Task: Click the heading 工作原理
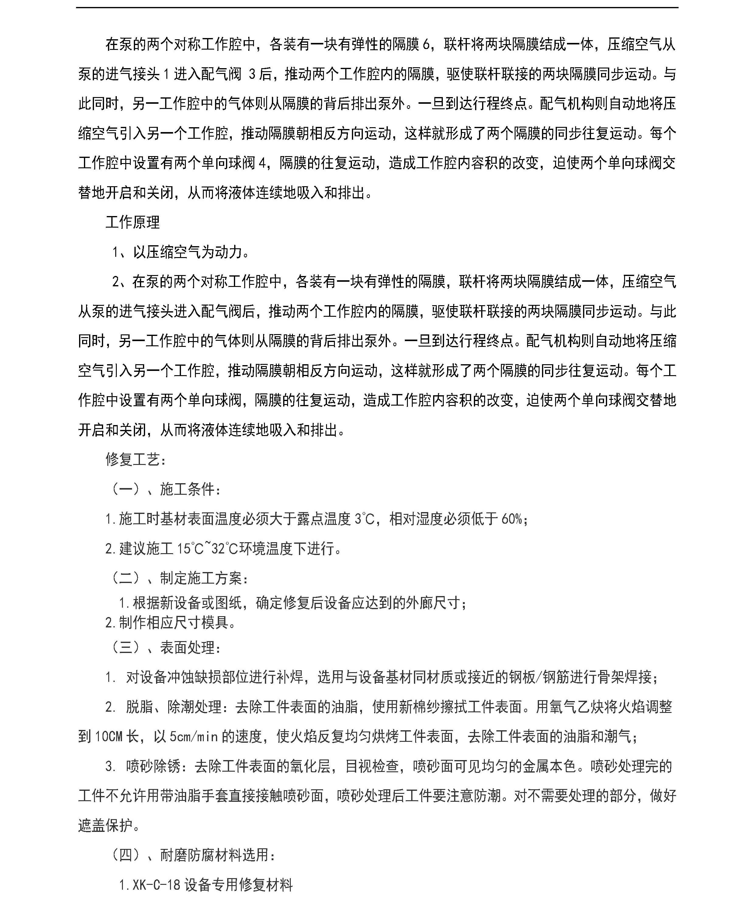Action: point(133,222)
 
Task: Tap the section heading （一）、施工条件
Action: point(166,489)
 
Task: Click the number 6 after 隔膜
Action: point(426,44)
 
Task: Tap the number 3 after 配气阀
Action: point(252,74)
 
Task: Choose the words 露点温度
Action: point(323,519)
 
